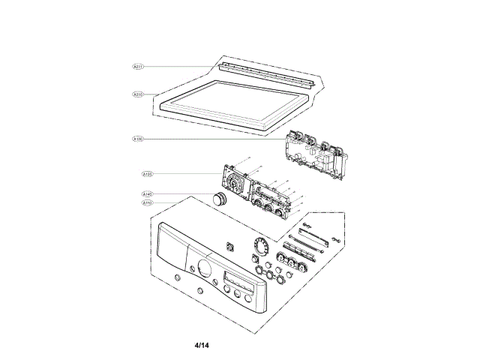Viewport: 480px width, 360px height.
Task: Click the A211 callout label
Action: (139, 67)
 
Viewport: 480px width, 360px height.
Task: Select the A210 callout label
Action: (139, 94)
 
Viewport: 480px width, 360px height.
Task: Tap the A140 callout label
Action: (148, 194)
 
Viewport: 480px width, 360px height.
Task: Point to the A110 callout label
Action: (148, 202)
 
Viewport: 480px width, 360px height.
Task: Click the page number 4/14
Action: (201, 346)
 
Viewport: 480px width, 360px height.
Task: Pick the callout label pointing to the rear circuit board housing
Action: (139, 139)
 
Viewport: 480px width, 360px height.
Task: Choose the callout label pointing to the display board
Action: (148, 174)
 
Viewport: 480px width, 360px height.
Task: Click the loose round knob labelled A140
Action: (220, 199)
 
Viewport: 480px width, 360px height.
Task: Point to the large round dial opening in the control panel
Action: (203, 268)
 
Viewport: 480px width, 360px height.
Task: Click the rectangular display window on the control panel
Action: (237, 286)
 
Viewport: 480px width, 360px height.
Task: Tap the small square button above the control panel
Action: (230, 245)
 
